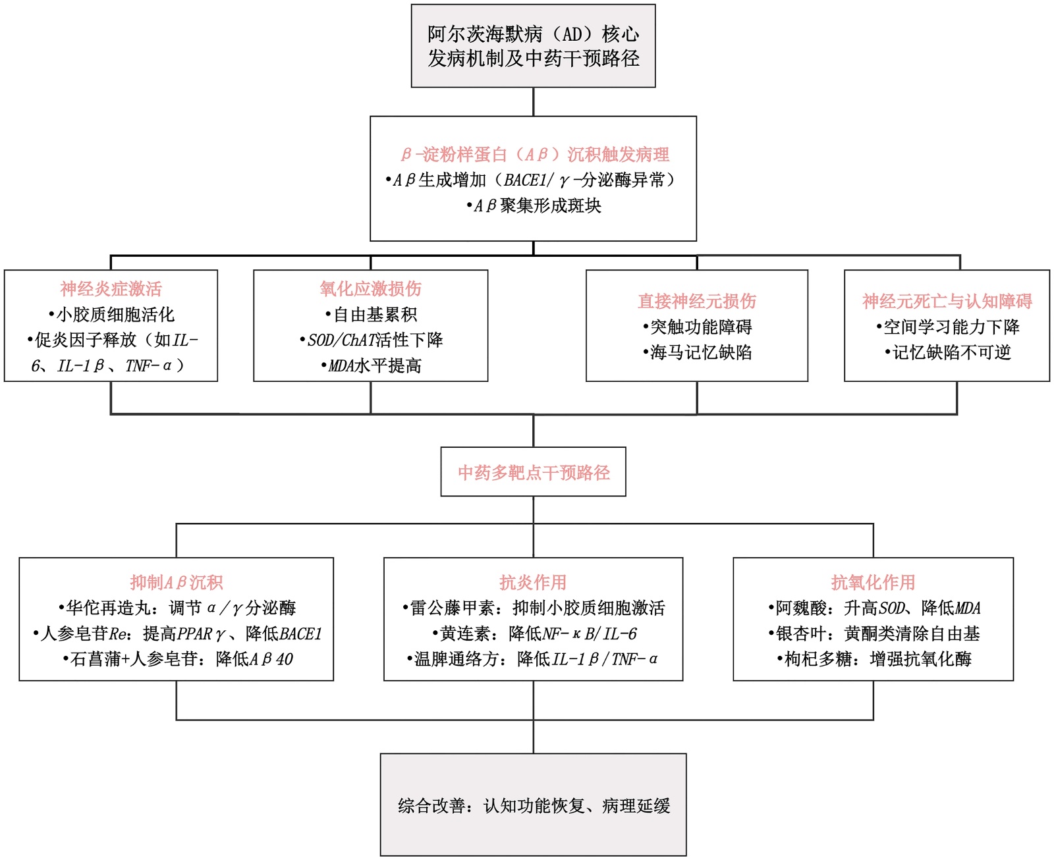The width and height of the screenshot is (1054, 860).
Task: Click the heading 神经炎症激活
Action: (x=111, y=288)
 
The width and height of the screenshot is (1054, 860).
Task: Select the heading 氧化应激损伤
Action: (x=370, y=288)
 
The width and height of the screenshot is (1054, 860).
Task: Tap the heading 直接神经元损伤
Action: (x=697, y=301)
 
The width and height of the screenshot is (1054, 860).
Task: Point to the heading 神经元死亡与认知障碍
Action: (x=947, y=301)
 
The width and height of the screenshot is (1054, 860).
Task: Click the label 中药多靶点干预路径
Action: (x=534, y=472)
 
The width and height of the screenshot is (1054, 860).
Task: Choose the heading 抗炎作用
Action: (x=533, y=582)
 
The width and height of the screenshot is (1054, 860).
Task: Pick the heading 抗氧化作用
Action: (x=873, y=582)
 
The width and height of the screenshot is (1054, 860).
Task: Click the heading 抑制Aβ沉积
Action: (x=177, y=582)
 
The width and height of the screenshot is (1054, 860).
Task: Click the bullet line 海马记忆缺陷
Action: (x=698, y=352)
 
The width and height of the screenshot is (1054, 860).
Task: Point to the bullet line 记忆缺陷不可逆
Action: (x=948, y=352)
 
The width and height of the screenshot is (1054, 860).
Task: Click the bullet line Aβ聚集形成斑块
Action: (x=534, y=205)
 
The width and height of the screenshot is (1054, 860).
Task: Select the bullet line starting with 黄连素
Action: (x=534, y=633)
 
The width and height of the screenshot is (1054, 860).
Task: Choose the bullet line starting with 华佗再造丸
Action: (x=177, y=608)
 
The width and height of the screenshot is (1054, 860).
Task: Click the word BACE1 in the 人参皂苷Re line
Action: (x=300, y=633)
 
